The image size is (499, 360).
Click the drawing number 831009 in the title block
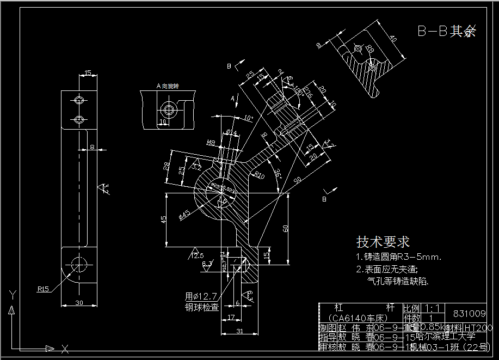tap(469, 313)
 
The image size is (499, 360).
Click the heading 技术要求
tap(383, 241)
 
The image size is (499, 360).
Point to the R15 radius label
tap(44, 289)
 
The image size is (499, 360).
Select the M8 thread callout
tap(211, 143)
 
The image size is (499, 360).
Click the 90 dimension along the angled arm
tap(298, 180)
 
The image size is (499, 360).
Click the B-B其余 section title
tap(446, 31)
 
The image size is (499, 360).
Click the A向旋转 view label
tap(168, 86)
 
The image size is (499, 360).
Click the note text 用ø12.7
tap(201, 296)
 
